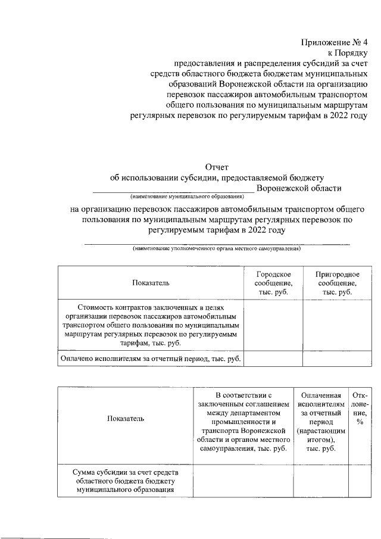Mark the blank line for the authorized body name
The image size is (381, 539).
[217, 244]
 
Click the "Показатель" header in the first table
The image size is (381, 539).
[151, 282]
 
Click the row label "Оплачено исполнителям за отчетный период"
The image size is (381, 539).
[151, 359]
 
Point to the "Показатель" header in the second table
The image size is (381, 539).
[125, 419]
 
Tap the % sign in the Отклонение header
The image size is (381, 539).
[360, 422]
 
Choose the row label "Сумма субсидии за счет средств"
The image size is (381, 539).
[125, 472]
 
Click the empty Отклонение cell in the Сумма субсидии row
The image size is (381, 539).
[360, 481]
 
